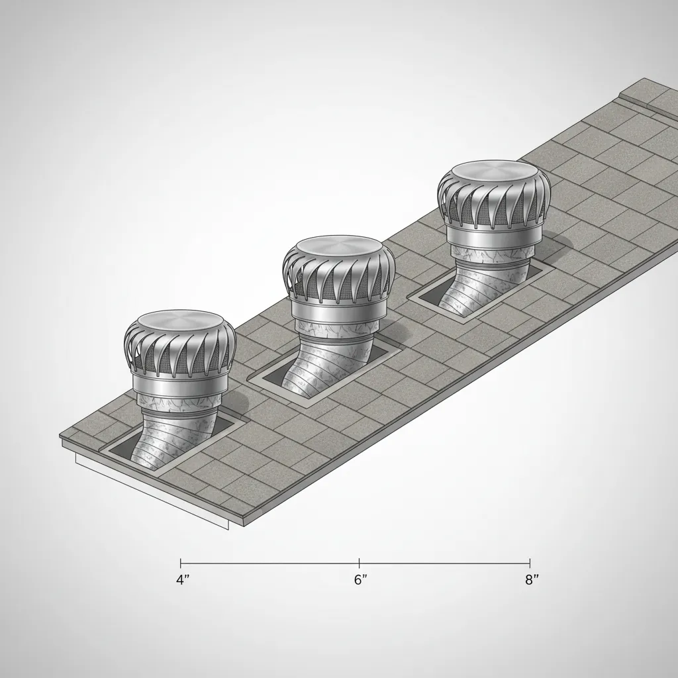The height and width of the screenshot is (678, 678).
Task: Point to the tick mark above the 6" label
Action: tap(359, 563)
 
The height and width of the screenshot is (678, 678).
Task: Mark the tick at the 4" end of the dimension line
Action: tap(181, 563)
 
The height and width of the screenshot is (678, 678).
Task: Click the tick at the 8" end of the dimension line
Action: tap(530, 563)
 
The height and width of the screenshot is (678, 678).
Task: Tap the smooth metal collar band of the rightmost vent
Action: tap(491, 233)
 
